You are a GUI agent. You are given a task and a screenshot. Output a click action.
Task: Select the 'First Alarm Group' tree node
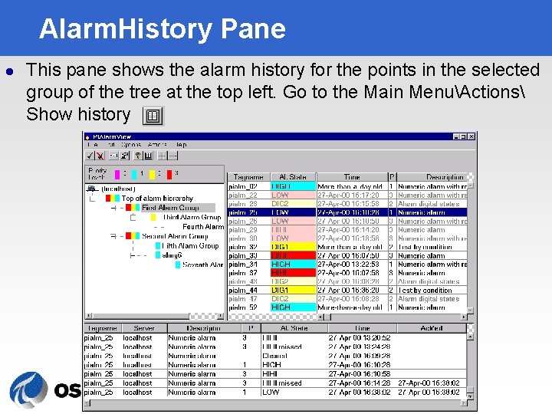(169, 208)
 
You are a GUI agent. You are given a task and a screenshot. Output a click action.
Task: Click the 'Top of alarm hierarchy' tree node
(157, 199)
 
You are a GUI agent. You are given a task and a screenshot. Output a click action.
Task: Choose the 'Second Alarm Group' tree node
(175, 237)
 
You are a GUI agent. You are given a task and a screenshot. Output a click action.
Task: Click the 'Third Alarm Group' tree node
(192, 218)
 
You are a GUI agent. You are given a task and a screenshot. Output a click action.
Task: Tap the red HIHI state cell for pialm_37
(292, 273)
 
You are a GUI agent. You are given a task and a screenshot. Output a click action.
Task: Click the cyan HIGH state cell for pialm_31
(292, 264)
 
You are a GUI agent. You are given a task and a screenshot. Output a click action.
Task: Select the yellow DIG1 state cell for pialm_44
(292, 291)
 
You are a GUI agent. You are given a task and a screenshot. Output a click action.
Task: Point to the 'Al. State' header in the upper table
(292, 177)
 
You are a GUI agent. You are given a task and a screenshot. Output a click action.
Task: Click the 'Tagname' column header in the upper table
(248, 177)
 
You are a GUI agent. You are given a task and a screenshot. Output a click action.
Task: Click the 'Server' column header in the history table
(143, 328)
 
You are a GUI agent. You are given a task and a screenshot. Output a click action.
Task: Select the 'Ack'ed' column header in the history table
(431, 328)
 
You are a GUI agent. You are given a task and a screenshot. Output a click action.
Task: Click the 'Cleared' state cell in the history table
(274, 356)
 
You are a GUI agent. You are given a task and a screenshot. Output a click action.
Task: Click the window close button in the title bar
(471, 136)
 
